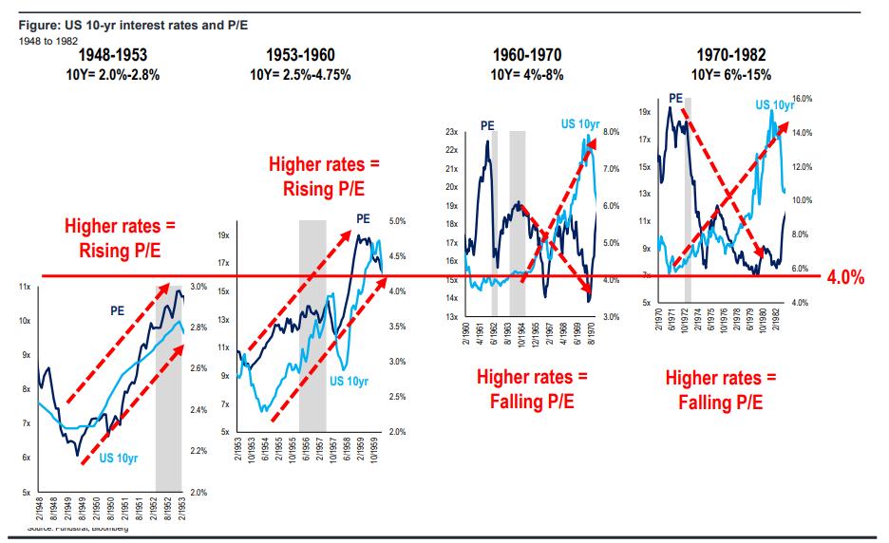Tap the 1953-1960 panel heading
(301, 55)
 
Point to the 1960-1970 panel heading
(530, 55)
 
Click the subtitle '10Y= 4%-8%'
(530, 73)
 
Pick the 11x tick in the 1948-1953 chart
(26, 286)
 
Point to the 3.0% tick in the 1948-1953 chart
(199, 286)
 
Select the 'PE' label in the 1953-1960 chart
(363, 218)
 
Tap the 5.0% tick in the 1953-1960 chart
(398, 221)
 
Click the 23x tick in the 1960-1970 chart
(452, 132)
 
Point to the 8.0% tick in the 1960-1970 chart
(611, 132)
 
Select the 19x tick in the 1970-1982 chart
(645, 113)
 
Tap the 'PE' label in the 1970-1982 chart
(676, 97)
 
